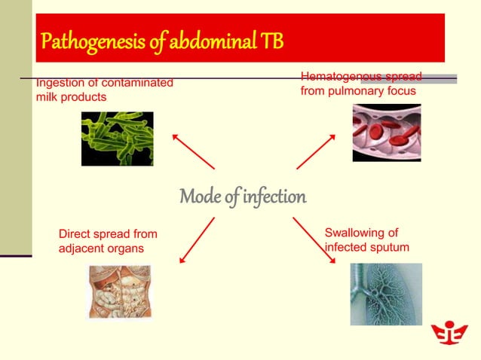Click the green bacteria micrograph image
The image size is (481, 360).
point(117,139)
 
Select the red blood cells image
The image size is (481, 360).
point(386,133)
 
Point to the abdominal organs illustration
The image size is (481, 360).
point(119,291)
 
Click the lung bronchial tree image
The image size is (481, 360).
point(386,294)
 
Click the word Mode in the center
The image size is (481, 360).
point(200,197)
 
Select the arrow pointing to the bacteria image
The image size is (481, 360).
point(193,151)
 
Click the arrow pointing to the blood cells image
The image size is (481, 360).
point(316,151)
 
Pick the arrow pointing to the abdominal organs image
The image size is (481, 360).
point(197,240)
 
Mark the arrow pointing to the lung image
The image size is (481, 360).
point(314,240)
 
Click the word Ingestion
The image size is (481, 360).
point(59,83)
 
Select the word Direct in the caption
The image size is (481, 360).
point(75,234)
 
